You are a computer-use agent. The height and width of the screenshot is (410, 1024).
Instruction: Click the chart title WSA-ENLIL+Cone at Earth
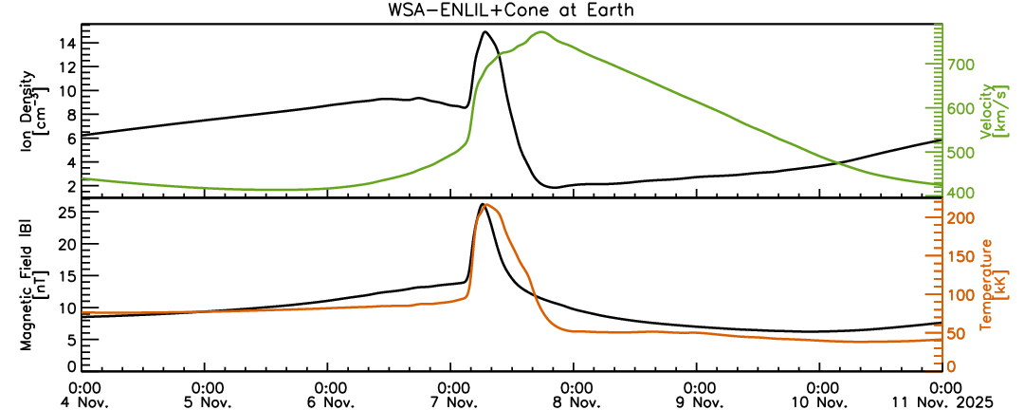512,11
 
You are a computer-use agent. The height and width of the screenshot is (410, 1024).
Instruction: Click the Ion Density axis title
44,110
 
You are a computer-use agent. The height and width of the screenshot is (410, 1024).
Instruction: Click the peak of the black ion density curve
485,32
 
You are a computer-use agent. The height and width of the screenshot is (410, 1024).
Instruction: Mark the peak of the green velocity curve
541,32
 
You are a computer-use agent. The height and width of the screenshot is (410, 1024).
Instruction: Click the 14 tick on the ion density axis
64,44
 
